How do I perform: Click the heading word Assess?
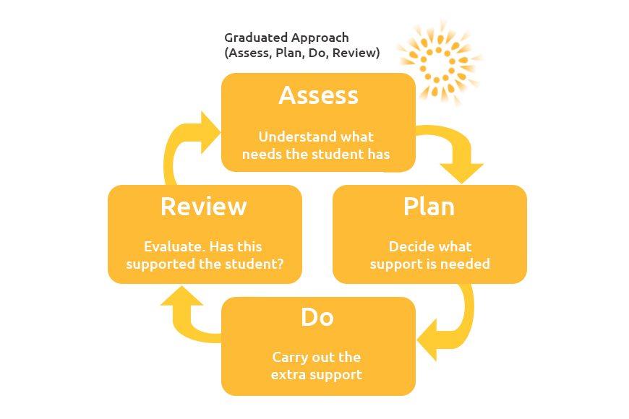click(318, 95)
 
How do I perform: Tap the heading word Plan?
click(429, 207)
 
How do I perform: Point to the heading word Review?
click(203, 207)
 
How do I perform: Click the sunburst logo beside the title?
click(439, 61)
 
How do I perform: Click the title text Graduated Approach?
click(286, 38)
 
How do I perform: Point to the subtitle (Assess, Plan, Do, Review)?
click(301, 53)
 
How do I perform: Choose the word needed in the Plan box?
click(468, 264)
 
